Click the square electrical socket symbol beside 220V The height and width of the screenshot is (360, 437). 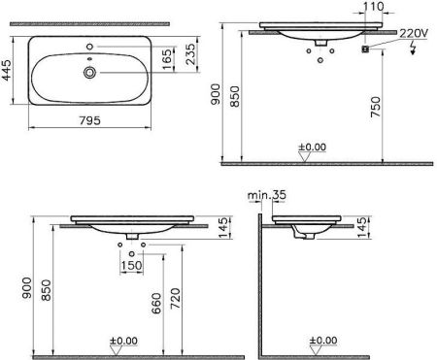click(367, 49)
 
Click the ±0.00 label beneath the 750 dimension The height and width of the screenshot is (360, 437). click(312, 149)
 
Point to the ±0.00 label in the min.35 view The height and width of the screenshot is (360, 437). click(323, 341)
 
